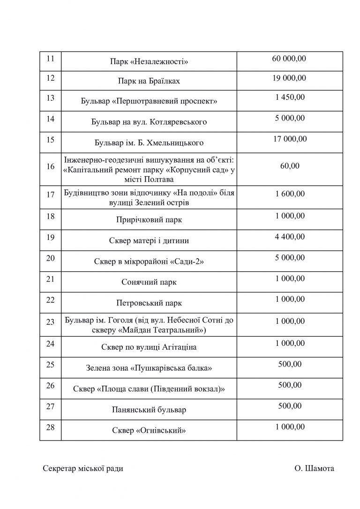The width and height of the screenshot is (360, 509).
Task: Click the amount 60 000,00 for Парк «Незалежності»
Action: click(x=289, y=59)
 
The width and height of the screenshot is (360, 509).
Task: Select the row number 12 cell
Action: click(x=51, y=78)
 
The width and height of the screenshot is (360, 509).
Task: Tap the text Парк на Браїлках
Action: click(x=149, y=81)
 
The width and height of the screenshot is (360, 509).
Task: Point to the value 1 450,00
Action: click(x=289, y=97)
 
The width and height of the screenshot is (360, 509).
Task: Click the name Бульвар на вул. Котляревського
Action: click(x=149, y=122)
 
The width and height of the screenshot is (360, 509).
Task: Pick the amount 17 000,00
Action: click(x=289, y=139)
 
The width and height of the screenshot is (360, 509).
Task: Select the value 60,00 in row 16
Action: click(x=289, y=165)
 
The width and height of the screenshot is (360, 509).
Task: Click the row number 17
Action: click(x=51, y=195)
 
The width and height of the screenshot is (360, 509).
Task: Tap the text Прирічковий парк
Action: click(x=149, y=220)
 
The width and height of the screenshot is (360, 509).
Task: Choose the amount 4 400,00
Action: click(x=289, y=237)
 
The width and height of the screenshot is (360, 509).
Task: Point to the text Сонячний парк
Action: click(x=149, y=282)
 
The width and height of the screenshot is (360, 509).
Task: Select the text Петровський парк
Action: click(x=149, y=303)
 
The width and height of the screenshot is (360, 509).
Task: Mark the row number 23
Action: click(x=51, y=322)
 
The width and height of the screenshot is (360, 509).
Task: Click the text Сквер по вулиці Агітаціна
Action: click(x=149, y=347)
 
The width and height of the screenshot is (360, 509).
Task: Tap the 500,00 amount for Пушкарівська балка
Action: click(x=289, y=364)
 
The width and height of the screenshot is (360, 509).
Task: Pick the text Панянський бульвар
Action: click(x=149, y=410)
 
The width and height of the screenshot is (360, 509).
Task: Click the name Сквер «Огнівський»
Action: click(x=149, y=430)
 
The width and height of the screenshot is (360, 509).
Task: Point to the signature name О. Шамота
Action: click(x=315, y=468)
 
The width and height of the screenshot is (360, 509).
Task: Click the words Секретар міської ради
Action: click(x=83, y=468)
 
